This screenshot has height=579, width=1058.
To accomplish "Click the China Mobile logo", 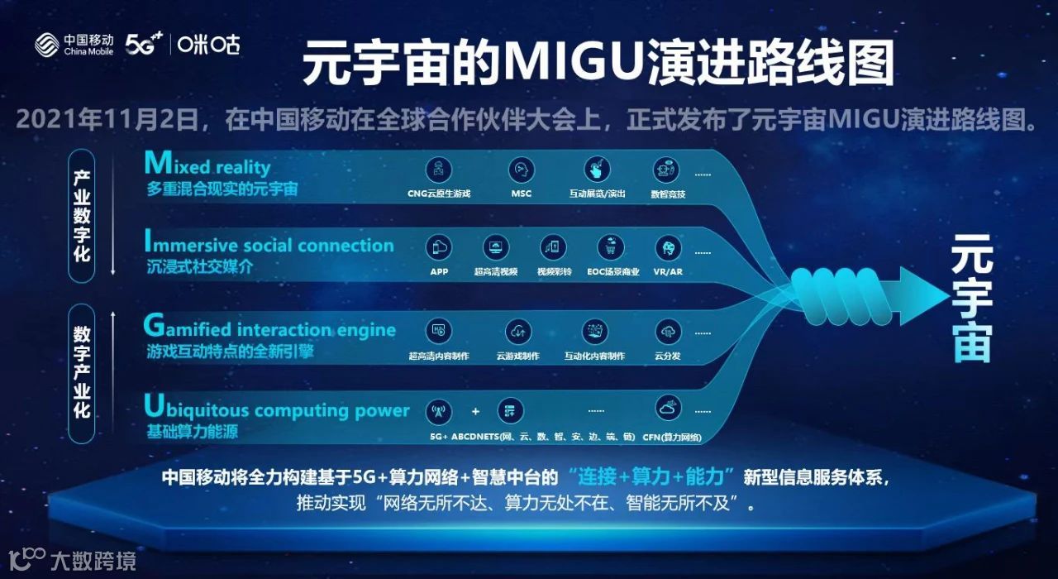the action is coord(74,45).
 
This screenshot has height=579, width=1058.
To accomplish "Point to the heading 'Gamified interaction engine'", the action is coord(269,328).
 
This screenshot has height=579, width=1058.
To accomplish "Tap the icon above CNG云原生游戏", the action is coord(439,170).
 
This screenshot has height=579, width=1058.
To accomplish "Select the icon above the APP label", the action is coord(439,246).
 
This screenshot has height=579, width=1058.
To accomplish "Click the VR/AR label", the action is coord(668,271).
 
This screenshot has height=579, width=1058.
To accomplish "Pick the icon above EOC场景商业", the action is coord(612,246).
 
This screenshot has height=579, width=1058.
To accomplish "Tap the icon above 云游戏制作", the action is coord(518,331).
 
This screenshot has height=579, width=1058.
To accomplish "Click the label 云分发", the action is coord(668,356).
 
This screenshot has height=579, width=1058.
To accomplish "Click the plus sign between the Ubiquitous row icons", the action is coord(475,411).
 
